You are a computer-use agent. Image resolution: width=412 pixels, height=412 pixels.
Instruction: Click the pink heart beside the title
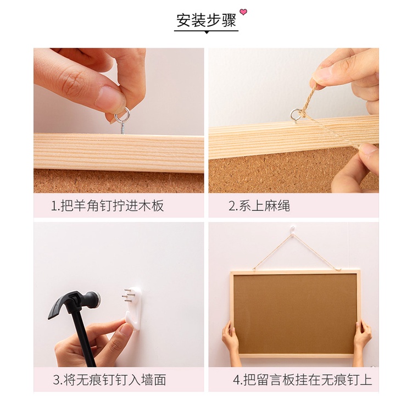(243, 12)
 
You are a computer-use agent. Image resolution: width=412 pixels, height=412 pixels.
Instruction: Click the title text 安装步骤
(206, 20)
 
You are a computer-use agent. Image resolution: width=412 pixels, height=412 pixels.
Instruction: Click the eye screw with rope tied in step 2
(296, 115)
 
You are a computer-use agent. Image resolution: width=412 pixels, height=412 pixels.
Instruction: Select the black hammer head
(74, 302)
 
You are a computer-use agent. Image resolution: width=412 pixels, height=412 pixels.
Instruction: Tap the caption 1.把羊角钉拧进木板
(107, 205)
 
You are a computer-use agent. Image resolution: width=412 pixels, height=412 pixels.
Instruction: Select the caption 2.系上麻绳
(259, 205)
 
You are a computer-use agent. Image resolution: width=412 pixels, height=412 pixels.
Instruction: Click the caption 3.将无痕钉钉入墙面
(109, 380)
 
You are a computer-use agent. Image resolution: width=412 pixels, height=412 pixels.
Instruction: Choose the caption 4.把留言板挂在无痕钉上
(303, 380)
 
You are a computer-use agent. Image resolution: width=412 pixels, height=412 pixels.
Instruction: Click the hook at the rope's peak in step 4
(293, 231)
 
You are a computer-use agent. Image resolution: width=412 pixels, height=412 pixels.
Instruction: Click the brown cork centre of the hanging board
(295, 314)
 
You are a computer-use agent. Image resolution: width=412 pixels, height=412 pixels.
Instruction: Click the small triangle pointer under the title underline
(207, 32)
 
